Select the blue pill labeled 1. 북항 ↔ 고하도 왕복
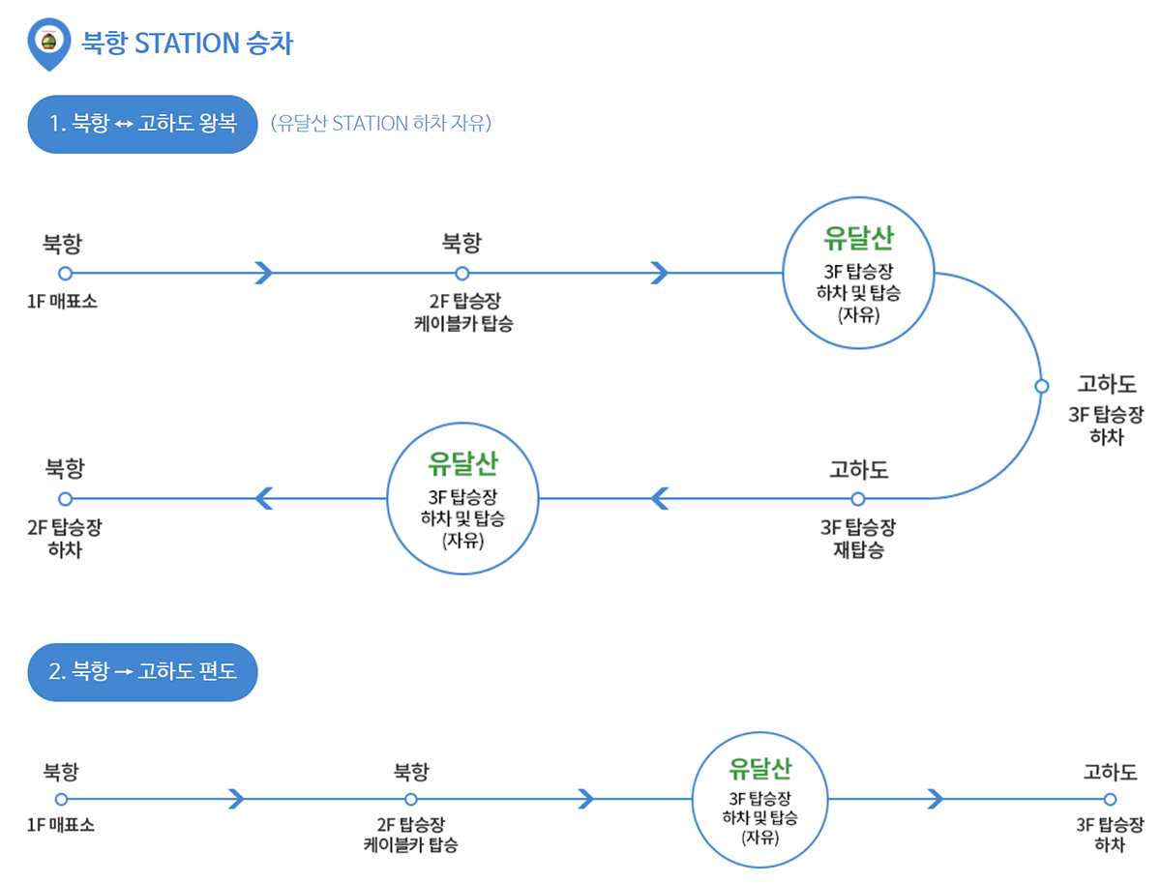point(142,124)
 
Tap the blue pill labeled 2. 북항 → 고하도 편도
point(142,671)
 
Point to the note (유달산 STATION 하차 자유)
point(381,124)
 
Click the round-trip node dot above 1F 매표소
point(65,273)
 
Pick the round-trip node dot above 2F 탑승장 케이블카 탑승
point(461,273)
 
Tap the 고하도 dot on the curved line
point(1041,386)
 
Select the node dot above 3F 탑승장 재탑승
point(857,499)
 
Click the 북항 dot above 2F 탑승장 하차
point(65,499)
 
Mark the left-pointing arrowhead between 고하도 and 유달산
point(660,499)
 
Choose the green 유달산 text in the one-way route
point(760,770)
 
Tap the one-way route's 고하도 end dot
point(1110,800)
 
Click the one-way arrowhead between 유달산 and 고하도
point(935,799)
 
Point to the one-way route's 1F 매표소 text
point(61,826)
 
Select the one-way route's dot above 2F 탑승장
point(410,800)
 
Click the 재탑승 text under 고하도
point(857,550)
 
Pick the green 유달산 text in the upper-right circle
point(859,237)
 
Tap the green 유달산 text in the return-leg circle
point(462,463)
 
